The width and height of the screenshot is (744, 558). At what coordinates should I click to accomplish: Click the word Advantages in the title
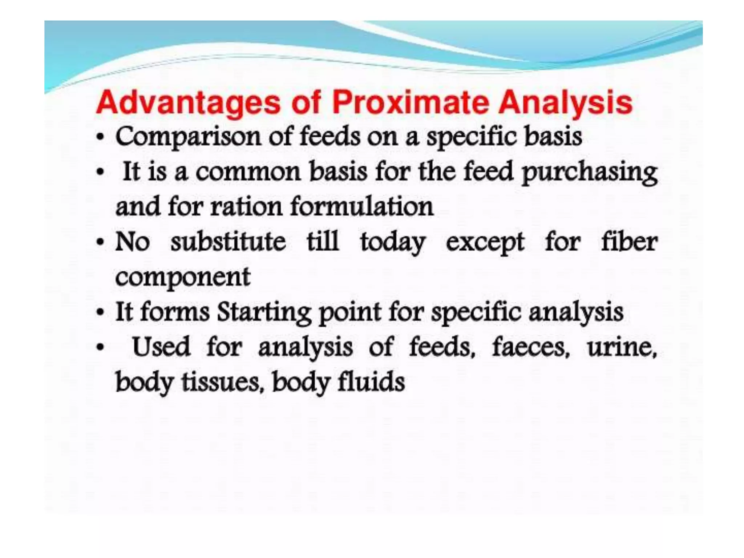[188, 103]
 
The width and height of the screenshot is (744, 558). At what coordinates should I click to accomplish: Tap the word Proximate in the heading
[410, 103]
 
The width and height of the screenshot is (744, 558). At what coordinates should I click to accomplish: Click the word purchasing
[590, 173]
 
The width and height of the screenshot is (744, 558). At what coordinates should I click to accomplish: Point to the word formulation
[362, 207]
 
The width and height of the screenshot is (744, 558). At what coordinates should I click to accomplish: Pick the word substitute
[228, 242]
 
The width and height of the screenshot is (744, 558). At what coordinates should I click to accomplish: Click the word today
[392, 243]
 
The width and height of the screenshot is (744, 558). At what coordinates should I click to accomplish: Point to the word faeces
[530, 347]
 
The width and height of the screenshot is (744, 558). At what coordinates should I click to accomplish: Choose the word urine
[622, 347]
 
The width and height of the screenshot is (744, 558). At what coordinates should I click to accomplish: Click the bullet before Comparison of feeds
[100, 138]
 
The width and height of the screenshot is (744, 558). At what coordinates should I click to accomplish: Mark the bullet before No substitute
[100, 243]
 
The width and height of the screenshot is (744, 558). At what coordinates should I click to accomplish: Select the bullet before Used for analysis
[100, 348]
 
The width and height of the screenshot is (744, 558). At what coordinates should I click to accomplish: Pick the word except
[485, 243]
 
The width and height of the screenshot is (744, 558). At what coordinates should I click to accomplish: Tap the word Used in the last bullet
[161, 347]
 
